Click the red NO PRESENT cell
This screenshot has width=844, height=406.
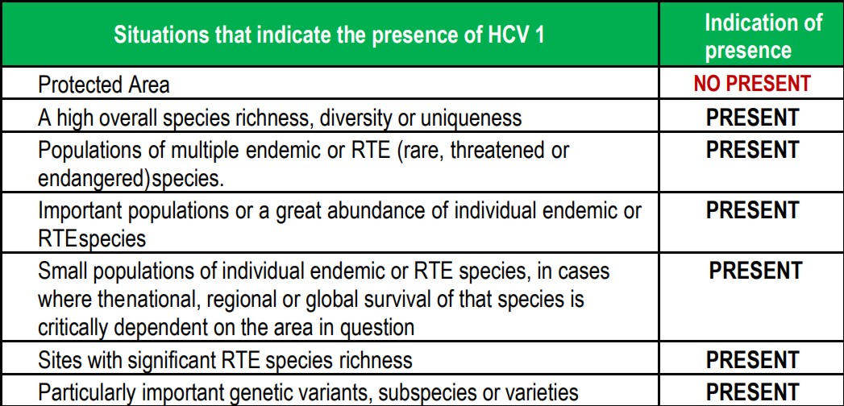(752, 83)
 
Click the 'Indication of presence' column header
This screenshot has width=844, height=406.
(764, 36)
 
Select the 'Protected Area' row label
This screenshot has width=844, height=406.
(104, 85)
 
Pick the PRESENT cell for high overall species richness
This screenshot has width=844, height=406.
(752, 117)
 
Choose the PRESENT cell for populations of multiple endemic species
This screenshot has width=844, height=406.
(752, 150)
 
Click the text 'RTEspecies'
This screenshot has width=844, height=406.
(92, 238)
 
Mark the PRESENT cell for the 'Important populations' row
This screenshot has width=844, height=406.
(752, 210)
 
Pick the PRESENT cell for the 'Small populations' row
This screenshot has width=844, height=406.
(755, 271)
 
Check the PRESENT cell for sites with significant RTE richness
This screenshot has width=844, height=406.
(752, 360)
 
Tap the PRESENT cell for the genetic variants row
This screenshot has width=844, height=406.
(752, 391)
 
